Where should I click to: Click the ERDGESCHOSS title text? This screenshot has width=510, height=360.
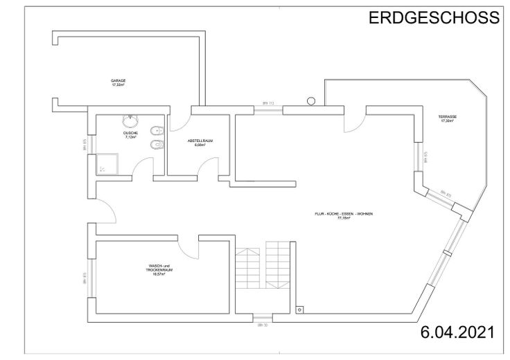pos(433,18)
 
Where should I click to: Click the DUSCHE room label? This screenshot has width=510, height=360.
pos(130,135)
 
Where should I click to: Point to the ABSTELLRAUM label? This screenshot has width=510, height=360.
pos(200,142)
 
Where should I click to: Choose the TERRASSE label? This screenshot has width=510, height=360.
pos(447,118)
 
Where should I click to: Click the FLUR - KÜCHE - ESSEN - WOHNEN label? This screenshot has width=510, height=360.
pos(344,216)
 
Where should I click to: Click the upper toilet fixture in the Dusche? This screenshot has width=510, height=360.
pos(159,129)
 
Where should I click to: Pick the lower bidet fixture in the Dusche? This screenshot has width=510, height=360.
pos(158,144)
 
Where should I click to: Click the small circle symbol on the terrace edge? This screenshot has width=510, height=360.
pos(310,101)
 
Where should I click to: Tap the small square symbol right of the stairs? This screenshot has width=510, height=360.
pos(299,309)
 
